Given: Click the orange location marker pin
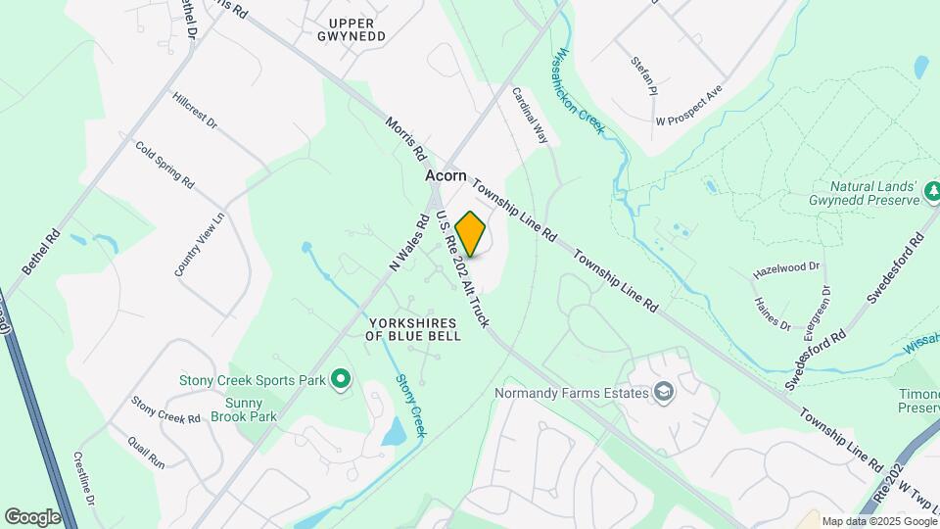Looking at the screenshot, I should tap(471, 234).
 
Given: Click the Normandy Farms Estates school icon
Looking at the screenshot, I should tap(664, 393).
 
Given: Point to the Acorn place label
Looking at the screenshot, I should tap(446, 176).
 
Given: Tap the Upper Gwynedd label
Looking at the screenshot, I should tap(357, 29).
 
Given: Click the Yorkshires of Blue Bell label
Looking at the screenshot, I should tap(413, 328).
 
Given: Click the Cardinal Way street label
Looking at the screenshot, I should tap(530, 117).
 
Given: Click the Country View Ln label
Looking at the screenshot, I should tap(200, 244).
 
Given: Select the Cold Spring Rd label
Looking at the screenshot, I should tap(165, 167).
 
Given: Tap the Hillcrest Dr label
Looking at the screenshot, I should tap(194, 113).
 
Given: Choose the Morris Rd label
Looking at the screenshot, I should tap(405, 139).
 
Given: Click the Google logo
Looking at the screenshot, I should tap(32, 516).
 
